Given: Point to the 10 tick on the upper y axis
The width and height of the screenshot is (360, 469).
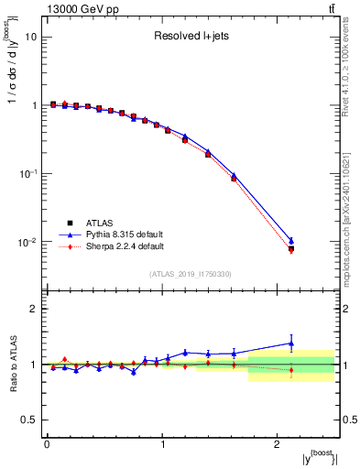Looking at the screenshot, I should coord(32,38).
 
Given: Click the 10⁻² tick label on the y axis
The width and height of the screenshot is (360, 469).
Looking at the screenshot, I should coord(28,242).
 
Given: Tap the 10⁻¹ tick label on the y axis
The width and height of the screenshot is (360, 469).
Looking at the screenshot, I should coord(28,174).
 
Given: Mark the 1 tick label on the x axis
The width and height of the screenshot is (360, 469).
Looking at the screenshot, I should coord(162,443).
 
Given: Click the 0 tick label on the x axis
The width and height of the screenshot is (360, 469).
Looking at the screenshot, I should coord(47,443).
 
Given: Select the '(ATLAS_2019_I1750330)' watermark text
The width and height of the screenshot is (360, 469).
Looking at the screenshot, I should coord(190,274).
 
